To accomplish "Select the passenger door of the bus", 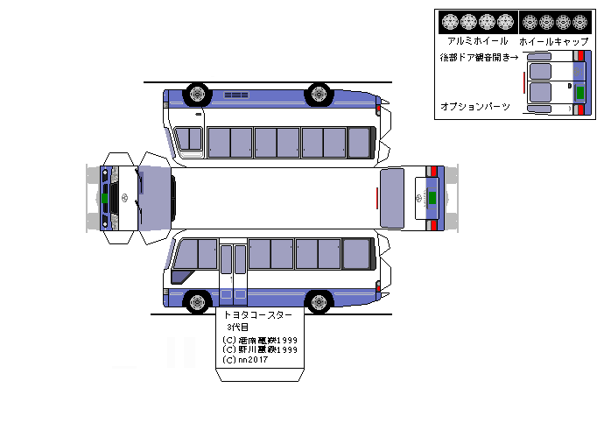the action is point(233,272).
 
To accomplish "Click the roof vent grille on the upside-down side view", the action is point(236,95).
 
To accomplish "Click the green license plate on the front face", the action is point(103,198).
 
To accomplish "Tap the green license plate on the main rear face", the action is point(431,198).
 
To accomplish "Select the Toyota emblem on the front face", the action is point(123,198).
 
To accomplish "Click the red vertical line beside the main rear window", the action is point(377,198).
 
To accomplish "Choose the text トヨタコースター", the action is point(258,314).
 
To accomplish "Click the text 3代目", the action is point(237,327).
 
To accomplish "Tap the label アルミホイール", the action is point(477,41).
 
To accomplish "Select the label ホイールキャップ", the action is point(550,41).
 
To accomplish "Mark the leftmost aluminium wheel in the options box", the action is point(450,22).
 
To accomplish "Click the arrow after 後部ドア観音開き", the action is point(514,58).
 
